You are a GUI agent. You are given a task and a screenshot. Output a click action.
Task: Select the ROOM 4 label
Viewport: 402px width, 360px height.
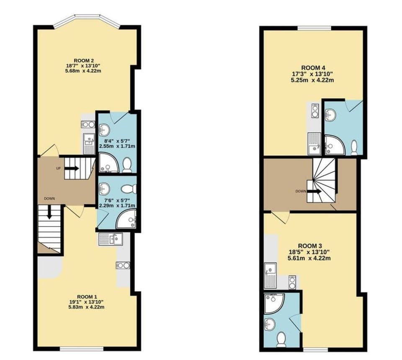point(313,68)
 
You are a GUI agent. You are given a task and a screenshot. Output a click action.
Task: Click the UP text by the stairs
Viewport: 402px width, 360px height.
point(59,168)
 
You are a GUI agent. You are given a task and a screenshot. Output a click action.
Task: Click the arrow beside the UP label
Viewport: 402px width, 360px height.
point(72,168)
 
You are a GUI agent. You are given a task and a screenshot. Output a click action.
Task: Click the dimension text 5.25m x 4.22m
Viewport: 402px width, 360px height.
point(313,80)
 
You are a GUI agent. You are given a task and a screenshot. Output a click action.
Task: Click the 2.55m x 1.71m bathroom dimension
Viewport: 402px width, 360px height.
point(117,146)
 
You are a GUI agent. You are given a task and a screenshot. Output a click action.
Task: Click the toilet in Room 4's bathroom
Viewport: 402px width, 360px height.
point(354,147)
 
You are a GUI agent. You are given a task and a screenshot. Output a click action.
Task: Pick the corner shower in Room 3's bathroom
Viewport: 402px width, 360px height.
point(273,303)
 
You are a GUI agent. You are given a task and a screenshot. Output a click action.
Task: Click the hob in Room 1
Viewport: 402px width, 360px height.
point(123,265)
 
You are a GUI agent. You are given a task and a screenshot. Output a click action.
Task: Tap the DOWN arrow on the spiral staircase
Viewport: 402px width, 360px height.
point(316,192)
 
